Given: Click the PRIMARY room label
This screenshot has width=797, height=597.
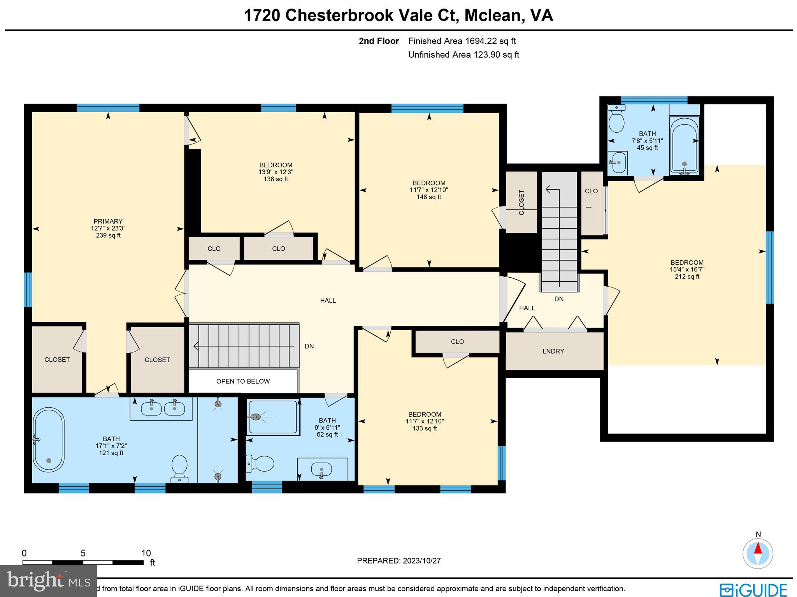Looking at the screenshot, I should (x=108, y=221).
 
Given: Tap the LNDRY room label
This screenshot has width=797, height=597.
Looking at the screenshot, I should (x=553, y=351).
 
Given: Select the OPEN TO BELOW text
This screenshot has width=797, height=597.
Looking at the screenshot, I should (x=243, y=381).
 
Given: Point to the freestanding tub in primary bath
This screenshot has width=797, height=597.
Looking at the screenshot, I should (x=48, y=440).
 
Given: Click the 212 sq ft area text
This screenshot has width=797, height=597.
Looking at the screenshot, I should (x=687, y=277).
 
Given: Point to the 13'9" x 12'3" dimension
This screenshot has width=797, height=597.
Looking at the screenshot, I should (x=276, y=172).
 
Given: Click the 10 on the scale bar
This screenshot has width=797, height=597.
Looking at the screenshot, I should (x=146, y=553).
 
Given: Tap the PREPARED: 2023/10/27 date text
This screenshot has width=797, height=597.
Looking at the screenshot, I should (x=398, y=561).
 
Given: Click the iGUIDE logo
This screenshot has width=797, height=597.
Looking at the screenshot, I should (x=753, y=590).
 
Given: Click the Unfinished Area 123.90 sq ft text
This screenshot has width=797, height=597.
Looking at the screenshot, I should (x=463, y=55).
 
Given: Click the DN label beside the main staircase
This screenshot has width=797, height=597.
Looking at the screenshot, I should (x=309, y=346).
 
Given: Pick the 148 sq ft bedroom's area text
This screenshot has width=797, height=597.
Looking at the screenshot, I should (x=429, y=197).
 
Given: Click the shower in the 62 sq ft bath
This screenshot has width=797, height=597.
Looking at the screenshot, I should (x=273, y=417).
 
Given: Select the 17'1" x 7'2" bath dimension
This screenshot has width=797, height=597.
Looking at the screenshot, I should (x=111, y=446).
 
